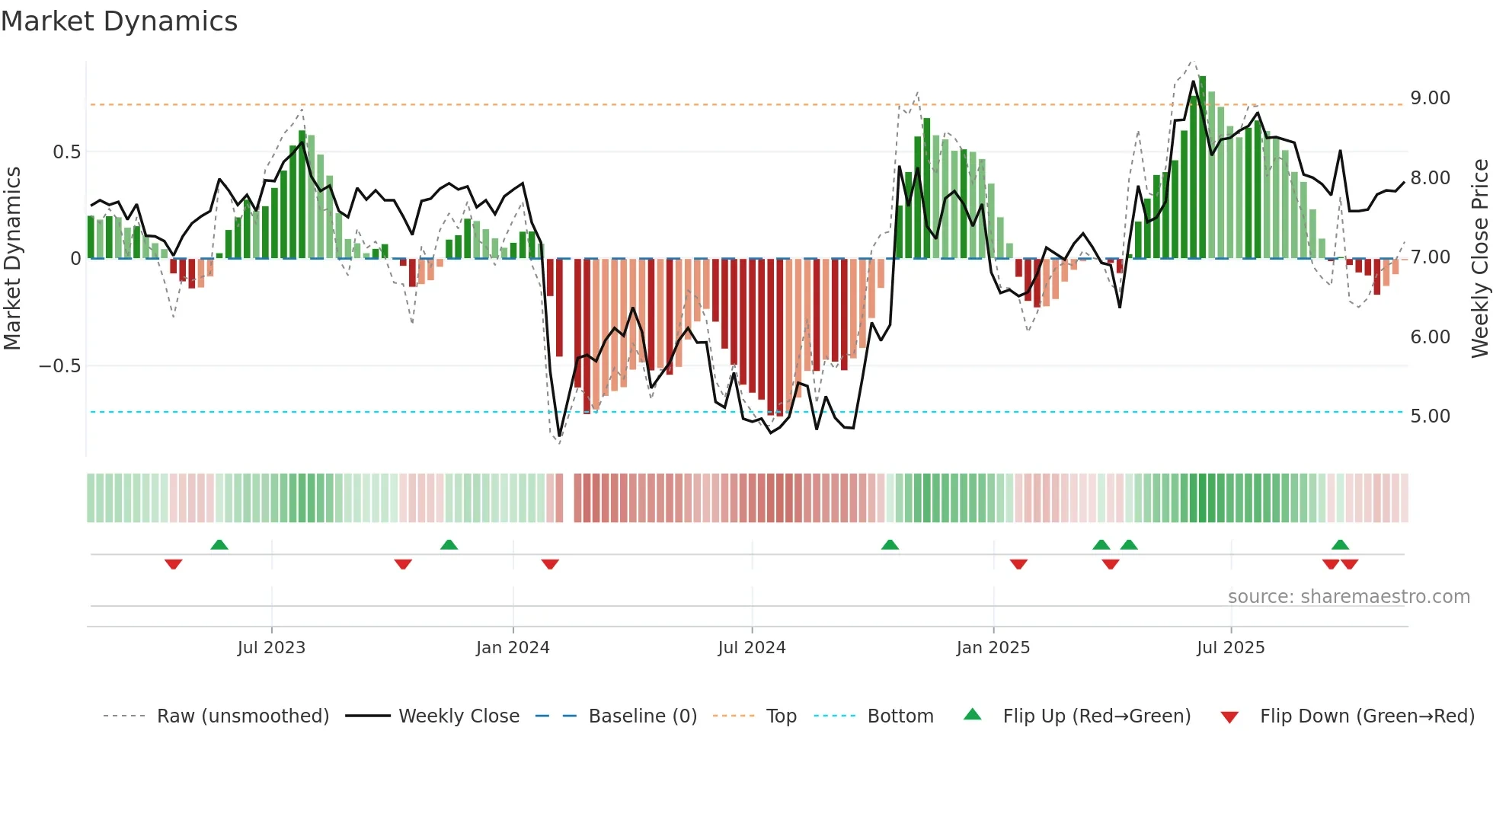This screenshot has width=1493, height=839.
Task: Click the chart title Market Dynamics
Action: [119, 21]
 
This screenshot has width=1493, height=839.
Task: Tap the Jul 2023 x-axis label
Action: [271, 647]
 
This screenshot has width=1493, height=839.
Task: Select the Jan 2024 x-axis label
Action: [513, 647]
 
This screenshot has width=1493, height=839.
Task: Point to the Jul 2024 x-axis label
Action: [751, 647]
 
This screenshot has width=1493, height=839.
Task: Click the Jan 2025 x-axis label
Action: [993, 647]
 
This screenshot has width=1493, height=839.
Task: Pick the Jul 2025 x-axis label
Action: [1230, 647]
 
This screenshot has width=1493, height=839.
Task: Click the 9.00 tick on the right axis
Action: [1430, 98]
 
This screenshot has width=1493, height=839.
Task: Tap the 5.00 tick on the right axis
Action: [1430, 416]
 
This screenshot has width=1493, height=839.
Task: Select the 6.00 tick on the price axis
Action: [1430, 337]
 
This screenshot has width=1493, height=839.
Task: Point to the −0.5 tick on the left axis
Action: [59, 366]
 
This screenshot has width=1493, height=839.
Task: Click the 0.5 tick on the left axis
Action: [66, 152]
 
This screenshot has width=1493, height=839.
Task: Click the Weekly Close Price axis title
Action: [1479, 258]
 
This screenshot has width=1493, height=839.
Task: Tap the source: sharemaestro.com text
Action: [1348, 596]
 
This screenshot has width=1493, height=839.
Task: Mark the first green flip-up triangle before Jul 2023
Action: [219, 544]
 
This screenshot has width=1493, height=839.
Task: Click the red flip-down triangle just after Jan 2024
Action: [550, 564]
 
